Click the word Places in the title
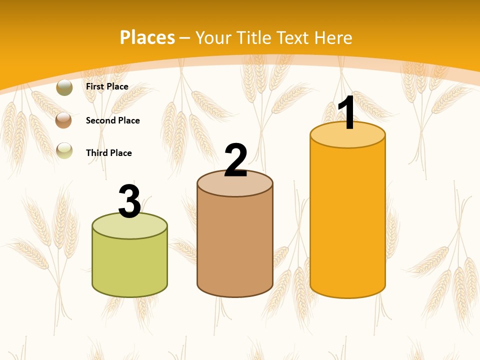[x=147, y=37]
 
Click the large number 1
[x=347, y=113]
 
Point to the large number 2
[x=235, y=160]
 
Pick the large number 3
[x=129, y=201]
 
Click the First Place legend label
[x=107, y=86]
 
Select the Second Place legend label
[x=112, y=120]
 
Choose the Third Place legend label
[x=108, y=153]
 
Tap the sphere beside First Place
[x=64, y=87]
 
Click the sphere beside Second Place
[x=64, y=120]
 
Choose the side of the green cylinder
[x=129, y=265]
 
